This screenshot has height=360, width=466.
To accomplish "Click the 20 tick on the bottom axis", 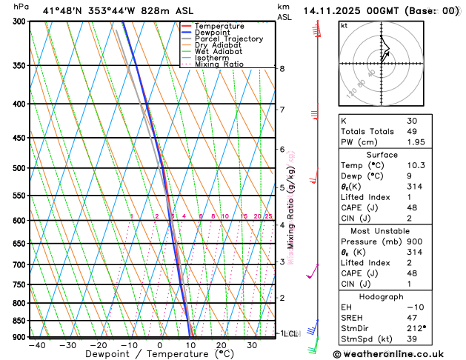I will (x=222, y=345).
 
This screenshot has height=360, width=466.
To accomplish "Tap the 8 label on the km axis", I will (x=282, y=69).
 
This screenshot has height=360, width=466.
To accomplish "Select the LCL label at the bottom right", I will (x=290, y=334).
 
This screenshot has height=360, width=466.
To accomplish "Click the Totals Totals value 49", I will (x=413, y=131).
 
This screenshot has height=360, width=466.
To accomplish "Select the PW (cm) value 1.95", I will (x=415, y=142).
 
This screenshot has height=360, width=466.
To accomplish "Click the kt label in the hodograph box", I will (x=344, y=25).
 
